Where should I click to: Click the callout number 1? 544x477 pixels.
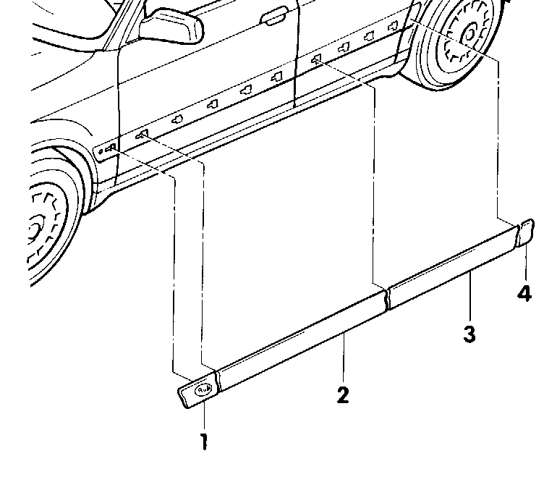(205, 441)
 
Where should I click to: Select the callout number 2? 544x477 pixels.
(343, 394)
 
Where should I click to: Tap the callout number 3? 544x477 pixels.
(469, 334)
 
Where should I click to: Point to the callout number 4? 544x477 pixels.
(524, 293)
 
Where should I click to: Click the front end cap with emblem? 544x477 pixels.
(197, 391)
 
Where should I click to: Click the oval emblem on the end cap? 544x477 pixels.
(203, 389)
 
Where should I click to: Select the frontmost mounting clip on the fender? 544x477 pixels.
(111, 149)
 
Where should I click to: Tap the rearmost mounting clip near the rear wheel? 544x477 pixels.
(395, 25)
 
